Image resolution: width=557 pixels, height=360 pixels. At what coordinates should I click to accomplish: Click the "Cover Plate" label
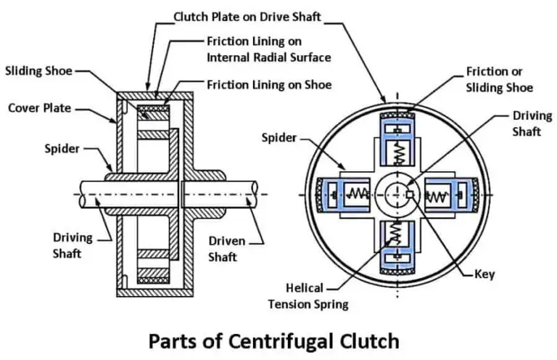39,108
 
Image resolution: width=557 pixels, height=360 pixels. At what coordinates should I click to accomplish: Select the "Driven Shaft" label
226,247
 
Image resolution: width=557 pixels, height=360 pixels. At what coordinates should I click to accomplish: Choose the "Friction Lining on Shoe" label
268,85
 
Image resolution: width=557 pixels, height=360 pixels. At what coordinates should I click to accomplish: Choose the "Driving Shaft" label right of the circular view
531,123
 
